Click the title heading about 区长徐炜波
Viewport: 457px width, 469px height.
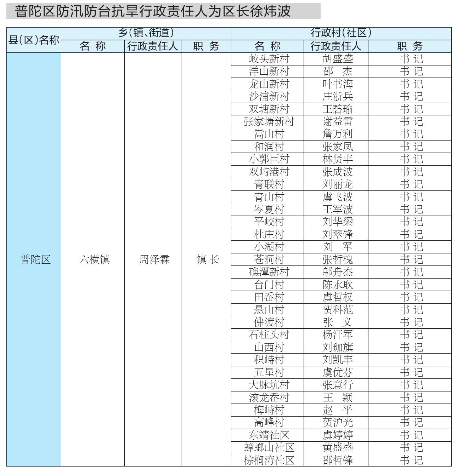pos(153,11)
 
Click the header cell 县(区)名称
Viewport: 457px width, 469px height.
pos(34,40)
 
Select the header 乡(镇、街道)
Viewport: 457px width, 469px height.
pos(146,33)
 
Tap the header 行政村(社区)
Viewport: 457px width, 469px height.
pos(341,33)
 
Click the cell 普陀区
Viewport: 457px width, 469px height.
pos(35,259)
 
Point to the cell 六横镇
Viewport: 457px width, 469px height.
pos(94,259)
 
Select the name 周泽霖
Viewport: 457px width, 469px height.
pos(154,259)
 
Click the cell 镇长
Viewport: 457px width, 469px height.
pos(208,259)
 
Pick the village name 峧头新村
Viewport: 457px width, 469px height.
pos(269,59)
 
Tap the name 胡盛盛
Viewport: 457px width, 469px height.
pos(338,59)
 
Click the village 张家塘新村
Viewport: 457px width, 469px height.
pos(269,121)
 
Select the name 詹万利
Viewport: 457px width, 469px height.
pos(338,134)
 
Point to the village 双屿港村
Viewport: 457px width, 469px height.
pos(269,172)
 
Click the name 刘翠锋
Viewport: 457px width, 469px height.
pos(338,234)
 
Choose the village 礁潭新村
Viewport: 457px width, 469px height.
pos(269,272)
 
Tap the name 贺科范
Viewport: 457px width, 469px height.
pos(338,310)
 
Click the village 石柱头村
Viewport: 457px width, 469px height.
pos(269,334)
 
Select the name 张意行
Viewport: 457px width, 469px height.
pos(338,385)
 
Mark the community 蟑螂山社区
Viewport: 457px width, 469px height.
pos(269,447)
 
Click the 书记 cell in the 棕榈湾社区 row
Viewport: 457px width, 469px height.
pos(411,460)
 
